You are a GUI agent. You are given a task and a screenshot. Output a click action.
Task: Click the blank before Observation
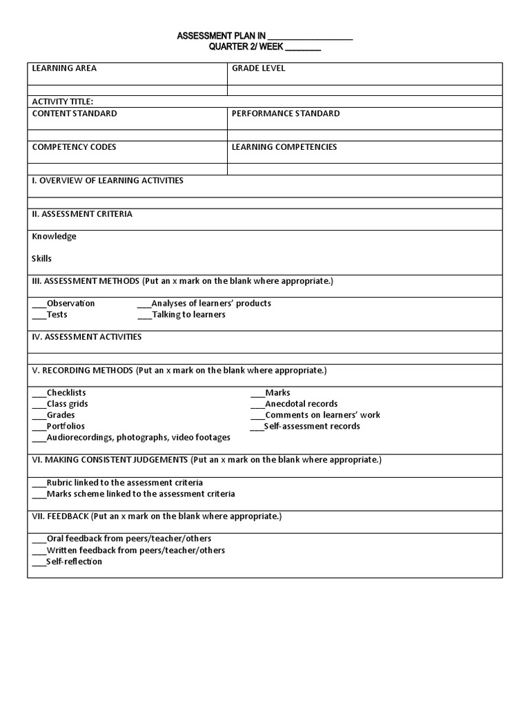click(x=39, y=304)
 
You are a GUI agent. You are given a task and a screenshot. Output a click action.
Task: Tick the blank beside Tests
click(x=39, y=316)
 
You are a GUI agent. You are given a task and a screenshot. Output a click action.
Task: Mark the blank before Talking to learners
click(x=144, y=316)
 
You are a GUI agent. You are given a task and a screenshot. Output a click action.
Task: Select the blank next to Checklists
click(x=39, y=394)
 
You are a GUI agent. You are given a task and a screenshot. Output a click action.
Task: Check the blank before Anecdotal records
click(x=257, y=405)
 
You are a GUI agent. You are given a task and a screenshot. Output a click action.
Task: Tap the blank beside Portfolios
click(x=39, y=427)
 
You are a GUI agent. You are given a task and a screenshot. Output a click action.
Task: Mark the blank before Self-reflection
click(x=39, y=563)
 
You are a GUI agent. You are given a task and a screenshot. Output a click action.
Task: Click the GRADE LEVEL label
click(x=258, y=68)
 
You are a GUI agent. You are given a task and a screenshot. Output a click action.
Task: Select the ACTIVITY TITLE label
click(x=62, y=101)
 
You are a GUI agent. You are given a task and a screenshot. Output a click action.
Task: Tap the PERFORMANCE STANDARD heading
click(x=286, y=113)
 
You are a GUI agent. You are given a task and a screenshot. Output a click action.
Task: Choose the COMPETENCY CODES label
click(x=74, y=147)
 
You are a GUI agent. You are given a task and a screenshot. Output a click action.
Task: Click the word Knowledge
click(x=54, y=236)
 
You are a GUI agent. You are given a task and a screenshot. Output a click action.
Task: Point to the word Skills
click(x=41, y=259)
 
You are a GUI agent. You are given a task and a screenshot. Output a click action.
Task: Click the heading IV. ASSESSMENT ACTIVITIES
click(x=87, y=337)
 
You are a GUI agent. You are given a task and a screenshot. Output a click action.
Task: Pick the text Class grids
click(x=67, y=404)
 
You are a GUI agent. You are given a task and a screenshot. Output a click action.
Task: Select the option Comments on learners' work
click(x=322, y=415)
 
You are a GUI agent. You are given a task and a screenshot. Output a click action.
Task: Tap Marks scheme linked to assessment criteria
click(x=141, y=494)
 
